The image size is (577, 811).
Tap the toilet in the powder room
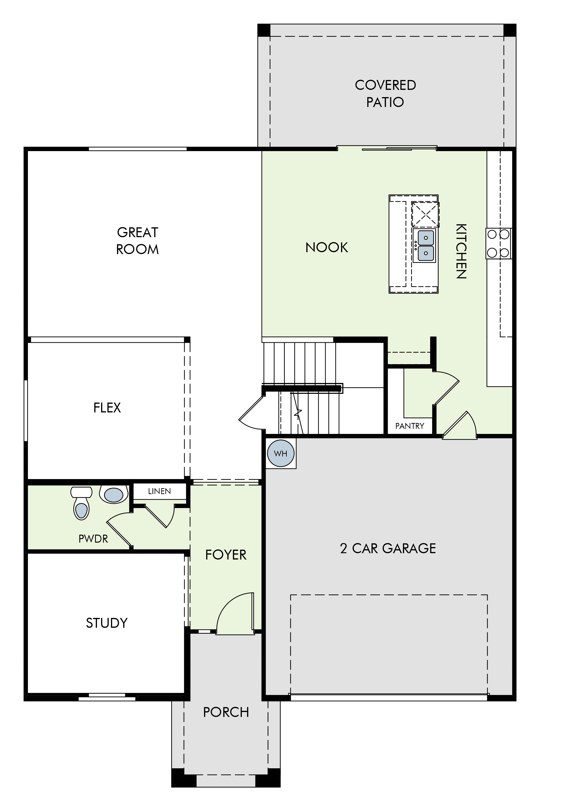tap(81, 503)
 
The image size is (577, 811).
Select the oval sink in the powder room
tap(114, 494)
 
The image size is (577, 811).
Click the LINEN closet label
tap(159, 491)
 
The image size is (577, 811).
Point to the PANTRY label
tap(410, 426)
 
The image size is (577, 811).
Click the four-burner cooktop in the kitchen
tap(499, 244)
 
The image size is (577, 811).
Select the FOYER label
tap(226, 555)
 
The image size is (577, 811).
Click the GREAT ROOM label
tap(137, 241)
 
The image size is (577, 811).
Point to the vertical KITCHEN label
tap(461, 251)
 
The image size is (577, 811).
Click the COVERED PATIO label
tap(386, 93)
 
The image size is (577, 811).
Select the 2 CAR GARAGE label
tap(388, 548)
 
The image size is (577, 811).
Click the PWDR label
tap(93, 539)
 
